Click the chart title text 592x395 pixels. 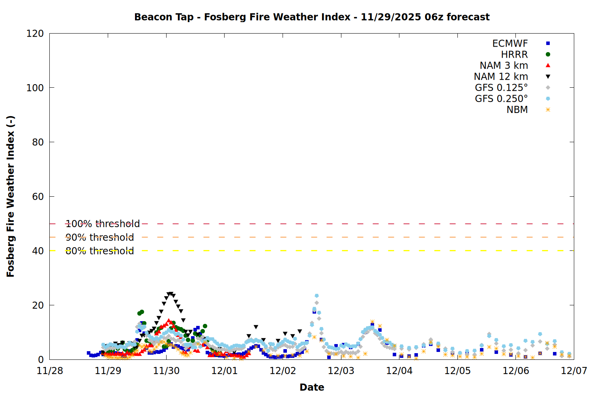312,17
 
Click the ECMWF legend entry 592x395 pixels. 510,43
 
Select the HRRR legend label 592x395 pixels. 514,55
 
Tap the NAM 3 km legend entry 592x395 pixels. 504,66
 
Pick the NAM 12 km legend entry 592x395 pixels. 501,77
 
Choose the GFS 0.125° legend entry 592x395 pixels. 501,88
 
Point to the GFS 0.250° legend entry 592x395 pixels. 501,99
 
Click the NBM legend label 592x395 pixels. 517,110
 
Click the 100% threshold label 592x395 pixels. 103,224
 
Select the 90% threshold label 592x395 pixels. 99,237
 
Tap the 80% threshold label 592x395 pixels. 99,251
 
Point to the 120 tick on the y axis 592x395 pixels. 35,34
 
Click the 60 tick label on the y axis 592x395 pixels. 38,197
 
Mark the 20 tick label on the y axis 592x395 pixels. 38,305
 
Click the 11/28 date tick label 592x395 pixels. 50,371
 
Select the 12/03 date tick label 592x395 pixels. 341,371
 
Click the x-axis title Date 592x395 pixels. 312,387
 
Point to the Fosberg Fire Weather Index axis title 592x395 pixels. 11,196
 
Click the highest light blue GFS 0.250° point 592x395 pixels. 317,296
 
